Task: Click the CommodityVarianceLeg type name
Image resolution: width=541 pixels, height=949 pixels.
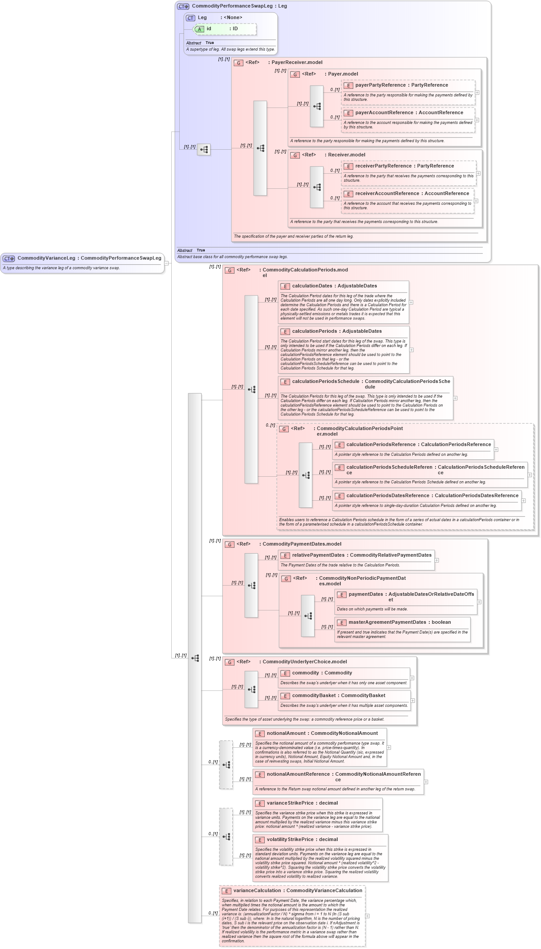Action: pyautogui.click(x=46, y=258)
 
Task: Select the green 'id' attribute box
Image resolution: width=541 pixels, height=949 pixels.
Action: pyautogui.click(x=225, y=29)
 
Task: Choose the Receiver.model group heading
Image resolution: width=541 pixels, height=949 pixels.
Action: pyautogui.click(x=346, y=155)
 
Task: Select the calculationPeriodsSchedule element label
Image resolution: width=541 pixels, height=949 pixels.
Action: pyautogui.click(x=325, y=382)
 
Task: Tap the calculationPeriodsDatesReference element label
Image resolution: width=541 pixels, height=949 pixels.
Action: pyautogui.click(x=388, y=496)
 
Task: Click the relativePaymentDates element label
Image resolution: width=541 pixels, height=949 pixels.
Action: pyautogui.click(x=318, y=555)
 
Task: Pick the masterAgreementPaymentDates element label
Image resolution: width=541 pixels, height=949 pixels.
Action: pyautogui.click(x=387, y=622)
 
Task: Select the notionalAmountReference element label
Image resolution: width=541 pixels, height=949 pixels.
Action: pyautogui.click(x=298, y=774)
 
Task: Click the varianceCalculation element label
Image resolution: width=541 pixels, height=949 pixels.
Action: pyautogui.click(x=257, y=891)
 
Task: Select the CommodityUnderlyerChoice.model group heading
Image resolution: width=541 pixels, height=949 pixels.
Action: pyautogui.click(x=304, y=662)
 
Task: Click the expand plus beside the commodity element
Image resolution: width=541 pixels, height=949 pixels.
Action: pyautogui.click(x=412, y=678)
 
